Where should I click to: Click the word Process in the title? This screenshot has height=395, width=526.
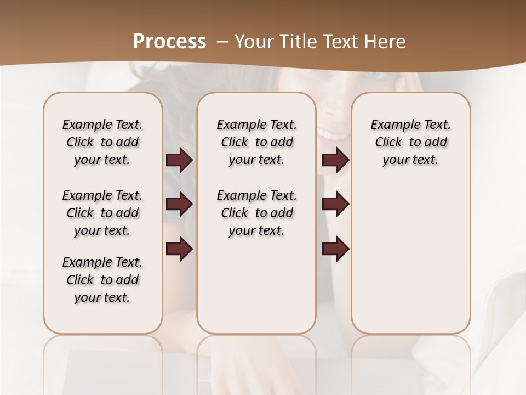click(169, 42)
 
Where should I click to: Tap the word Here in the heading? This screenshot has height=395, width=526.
click(385, 42)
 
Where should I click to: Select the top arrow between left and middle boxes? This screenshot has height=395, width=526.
click(179, 160)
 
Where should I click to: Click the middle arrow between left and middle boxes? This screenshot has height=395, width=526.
click(179, 205)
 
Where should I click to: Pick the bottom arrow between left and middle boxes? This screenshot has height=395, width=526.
click(179, 249)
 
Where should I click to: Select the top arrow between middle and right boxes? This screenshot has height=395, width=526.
click(335, 160)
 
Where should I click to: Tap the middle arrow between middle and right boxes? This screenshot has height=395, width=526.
click(335, 205)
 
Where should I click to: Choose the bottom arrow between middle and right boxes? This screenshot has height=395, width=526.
click(335, 249)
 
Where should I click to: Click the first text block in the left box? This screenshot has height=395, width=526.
click(102, 142)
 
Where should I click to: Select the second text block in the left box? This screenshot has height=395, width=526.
click(102, 213)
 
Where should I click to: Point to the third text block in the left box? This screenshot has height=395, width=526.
click(102, 280)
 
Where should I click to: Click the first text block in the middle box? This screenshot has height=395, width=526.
click(256, 142)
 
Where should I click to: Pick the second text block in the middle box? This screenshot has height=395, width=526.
click(256, 213)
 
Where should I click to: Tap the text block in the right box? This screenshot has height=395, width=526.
click(410, 142)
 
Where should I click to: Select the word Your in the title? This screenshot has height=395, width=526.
click(253, 42)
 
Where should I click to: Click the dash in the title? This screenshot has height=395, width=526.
click(222, 42)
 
